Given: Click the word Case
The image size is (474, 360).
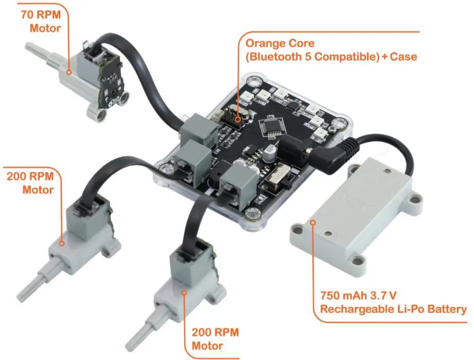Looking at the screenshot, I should point(403,57).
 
